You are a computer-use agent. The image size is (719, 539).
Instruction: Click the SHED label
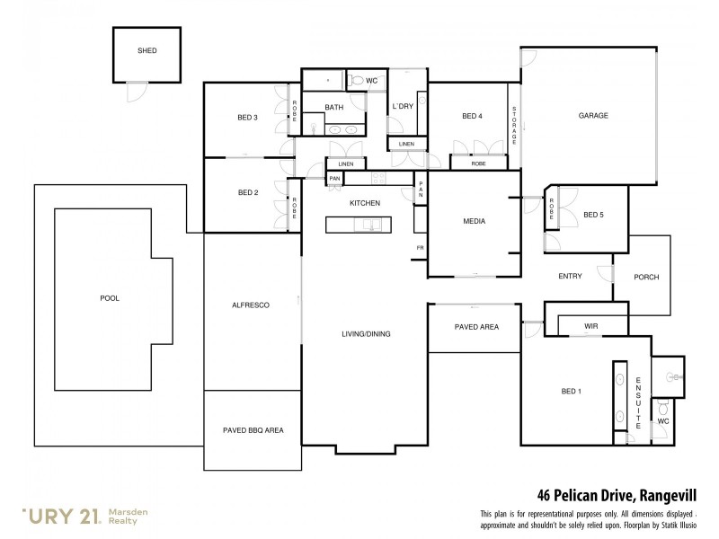tap(146, 51)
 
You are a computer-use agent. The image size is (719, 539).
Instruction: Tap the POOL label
tap(110, 298)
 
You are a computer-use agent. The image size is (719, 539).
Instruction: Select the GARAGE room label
tap(593, 116)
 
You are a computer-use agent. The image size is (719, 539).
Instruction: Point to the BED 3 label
tap(248, 117)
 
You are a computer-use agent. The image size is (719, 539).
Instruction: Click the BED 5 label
tap(593, 214)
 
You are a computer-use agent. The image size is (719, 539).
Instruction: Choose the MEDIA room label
tap(474, 221)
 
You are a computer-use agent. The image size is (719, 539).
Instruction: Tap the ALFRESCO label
tap(251, 305)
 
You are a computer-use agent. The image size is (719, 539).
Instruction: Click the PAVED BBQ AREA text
tap(253, 430)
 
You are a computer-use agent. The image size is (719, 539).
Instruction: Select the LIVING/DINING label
tap(365, 334)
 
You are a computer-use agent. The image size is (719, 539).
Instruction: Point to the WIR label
tap(590, 326)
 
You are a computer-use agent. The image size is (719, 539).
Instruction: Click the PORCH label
tap(647, 278)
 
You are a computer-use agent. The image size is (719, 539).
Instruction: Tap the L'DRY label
tap(402, 106)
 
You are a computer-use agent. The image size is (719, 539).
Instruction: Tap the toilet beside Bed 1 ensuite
tap(663, 405)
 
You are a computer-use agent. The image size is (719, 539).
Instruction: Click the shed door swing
tap(135, 90)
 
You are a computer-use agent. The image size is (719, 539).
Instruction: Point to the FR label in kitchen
tap(419, 247)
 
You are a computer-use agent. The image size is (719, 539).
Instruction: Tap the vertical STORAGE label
tap(514, 127)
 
